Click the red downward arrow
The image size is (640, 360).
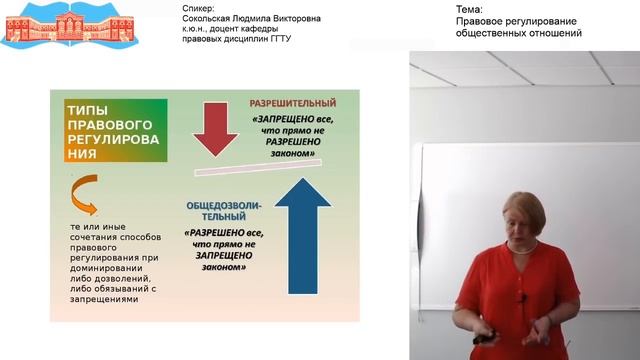point(215,127)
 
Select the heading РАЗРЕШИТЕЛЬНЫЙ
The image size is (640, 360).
point(293,103)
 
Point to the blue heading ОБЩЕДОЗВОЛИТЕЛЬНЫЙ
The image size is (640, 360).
point(223,211)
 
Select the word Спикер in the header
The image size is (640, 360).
point(200,8)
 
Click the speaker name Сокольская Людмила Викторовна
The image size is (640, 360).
point(252,19)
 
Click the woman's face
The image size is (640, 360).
point(524,226)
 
